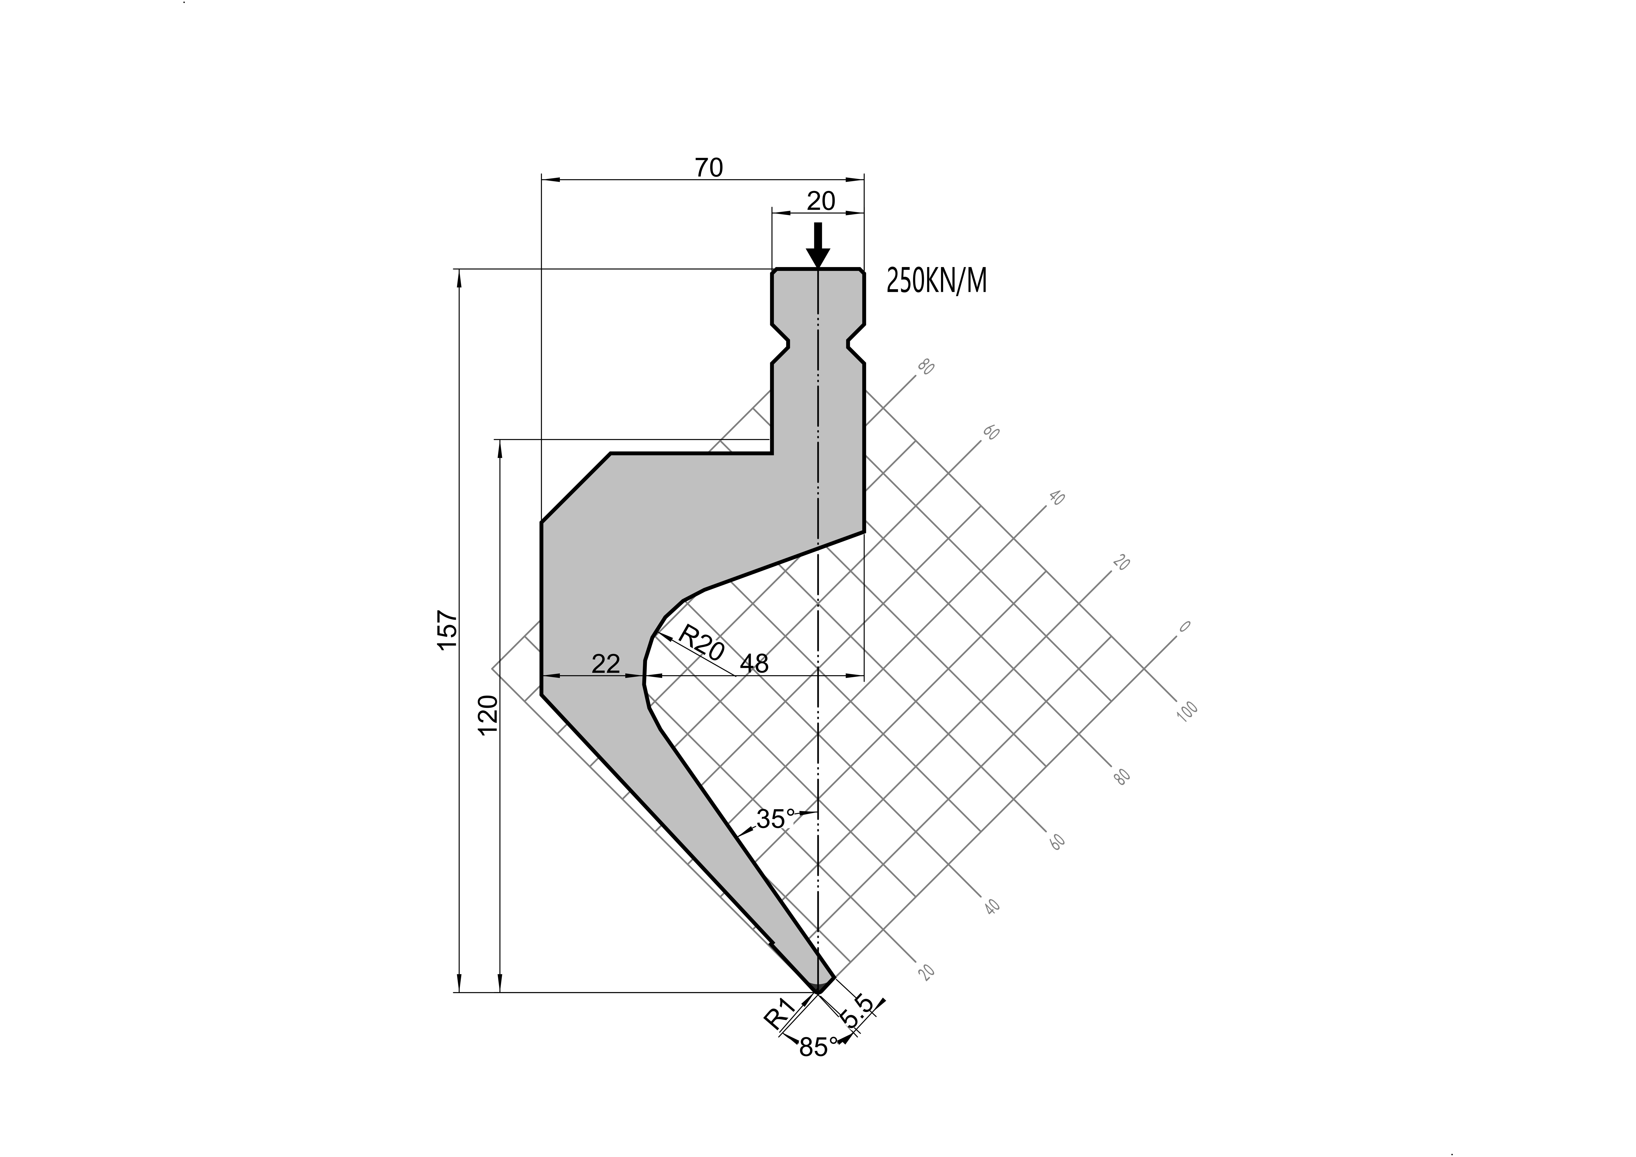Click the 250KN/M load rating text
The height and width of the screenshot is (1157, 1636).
pyautogui.click(x=936, y=281)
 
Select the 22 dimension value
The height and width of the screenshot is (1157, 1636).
pyautogui.click(x=606, y=664)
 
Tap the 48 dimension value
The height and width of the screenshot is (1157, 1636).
pyautogui.click(x=755, y=664)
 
